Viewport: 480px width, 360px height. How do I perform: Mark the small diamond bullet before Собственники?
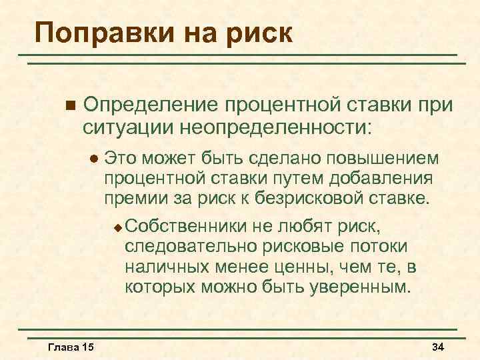117,227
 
